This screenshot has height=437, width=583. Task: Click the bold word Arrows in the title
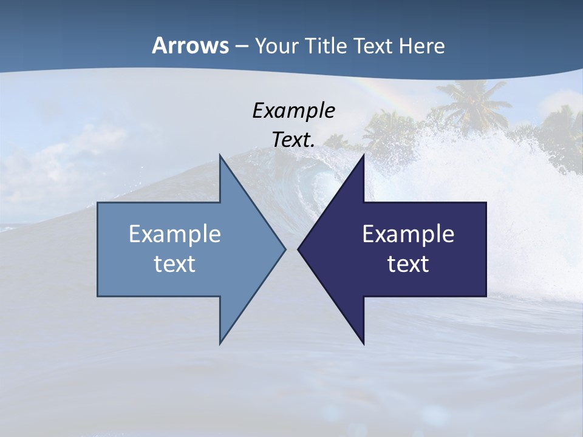coord(190,46)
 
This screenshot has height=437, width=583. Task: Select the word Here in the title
coord(421,46)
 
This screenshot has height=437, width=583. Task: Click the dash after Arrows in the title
coord(241,46)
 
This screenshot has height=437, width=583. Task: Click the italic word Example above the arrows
coord(293,110)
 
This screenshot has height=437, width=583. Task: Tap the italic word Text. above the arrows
coord(293,140)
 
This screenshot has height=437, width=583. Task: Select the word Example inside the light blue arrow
coord(175,234)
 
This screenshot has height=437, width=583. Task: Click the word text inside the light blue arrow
coord(175,264)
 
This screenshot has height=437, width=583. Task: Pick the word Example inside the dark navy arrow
coord(408,234)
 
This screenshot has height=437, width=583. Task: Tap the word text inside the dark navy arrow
coord(408,264)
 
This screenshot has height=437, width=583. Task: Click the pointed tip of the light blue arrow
coord(285,249)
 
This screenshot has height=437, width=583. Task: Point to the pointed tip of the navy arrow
coord(299,249)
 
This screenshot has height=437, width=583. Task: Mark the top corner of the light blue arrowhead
coord(220,155)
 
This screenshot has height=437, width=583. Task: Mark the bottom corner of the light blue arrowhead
coord(220,344)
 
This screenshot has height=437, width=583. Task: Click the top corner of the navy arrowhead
coord(364,155)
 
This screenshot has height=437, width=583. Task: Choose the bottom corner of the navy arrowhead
coord(364,344)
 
